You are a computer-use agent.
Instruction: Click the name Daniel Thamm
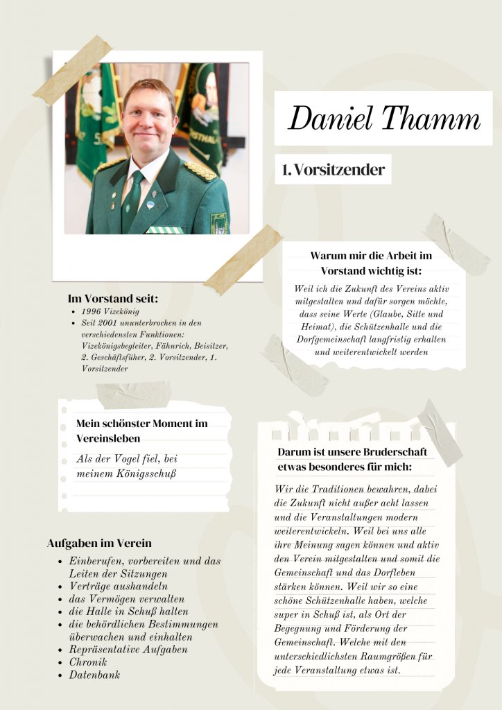coord(383,118)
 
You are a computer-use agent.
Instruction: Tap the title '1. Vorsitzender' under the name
coord(334,170)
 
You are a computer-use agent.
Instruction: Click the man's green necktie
coord(132,200)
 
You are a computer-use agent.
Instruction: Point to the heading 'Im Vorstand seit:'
coord(113,299)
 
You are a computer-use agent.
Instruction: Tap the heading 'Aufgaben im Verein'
coord(99,543)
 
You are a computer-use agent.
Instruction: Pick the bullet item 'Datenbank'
coord(94,675)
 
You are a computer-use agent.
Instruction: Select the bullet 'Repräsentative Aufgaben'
coord(128,650)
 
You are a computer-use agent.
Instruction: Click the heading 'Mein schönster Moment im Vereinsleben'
coord(141,431)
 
